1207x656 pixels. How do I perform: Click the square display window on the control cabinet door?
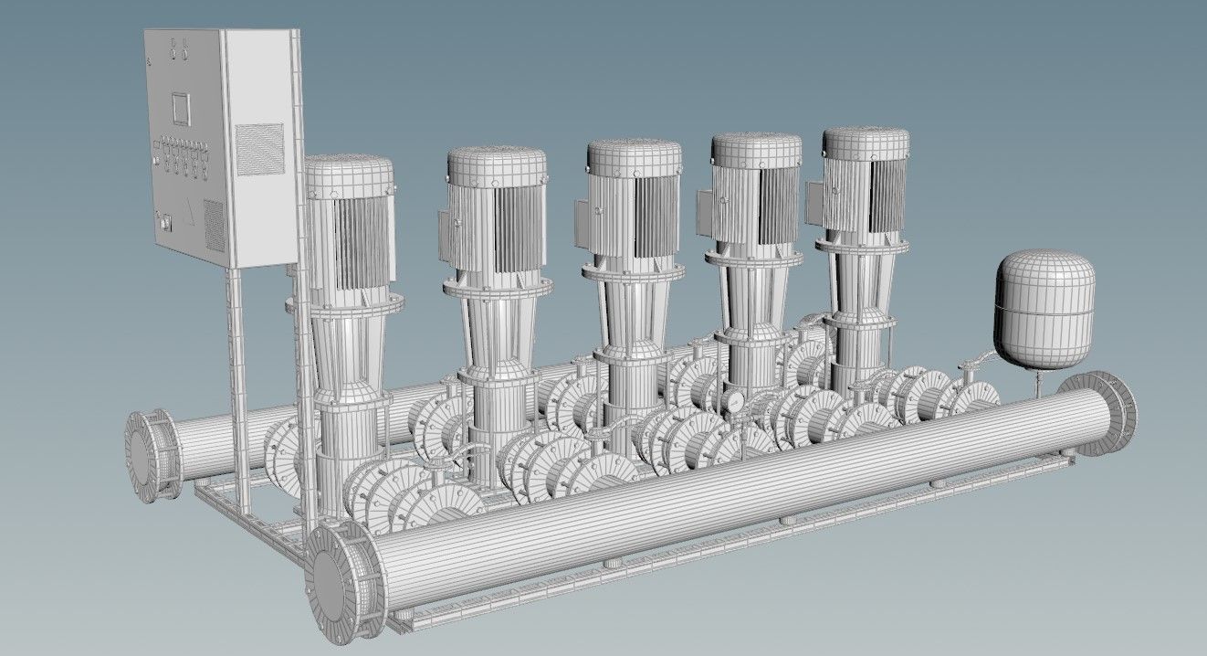(180, 108)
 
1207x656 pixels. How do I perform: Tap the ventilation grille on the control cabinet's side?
(259, 149)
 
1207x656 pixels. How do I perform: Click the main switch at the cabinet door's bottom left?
(165, 218)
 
